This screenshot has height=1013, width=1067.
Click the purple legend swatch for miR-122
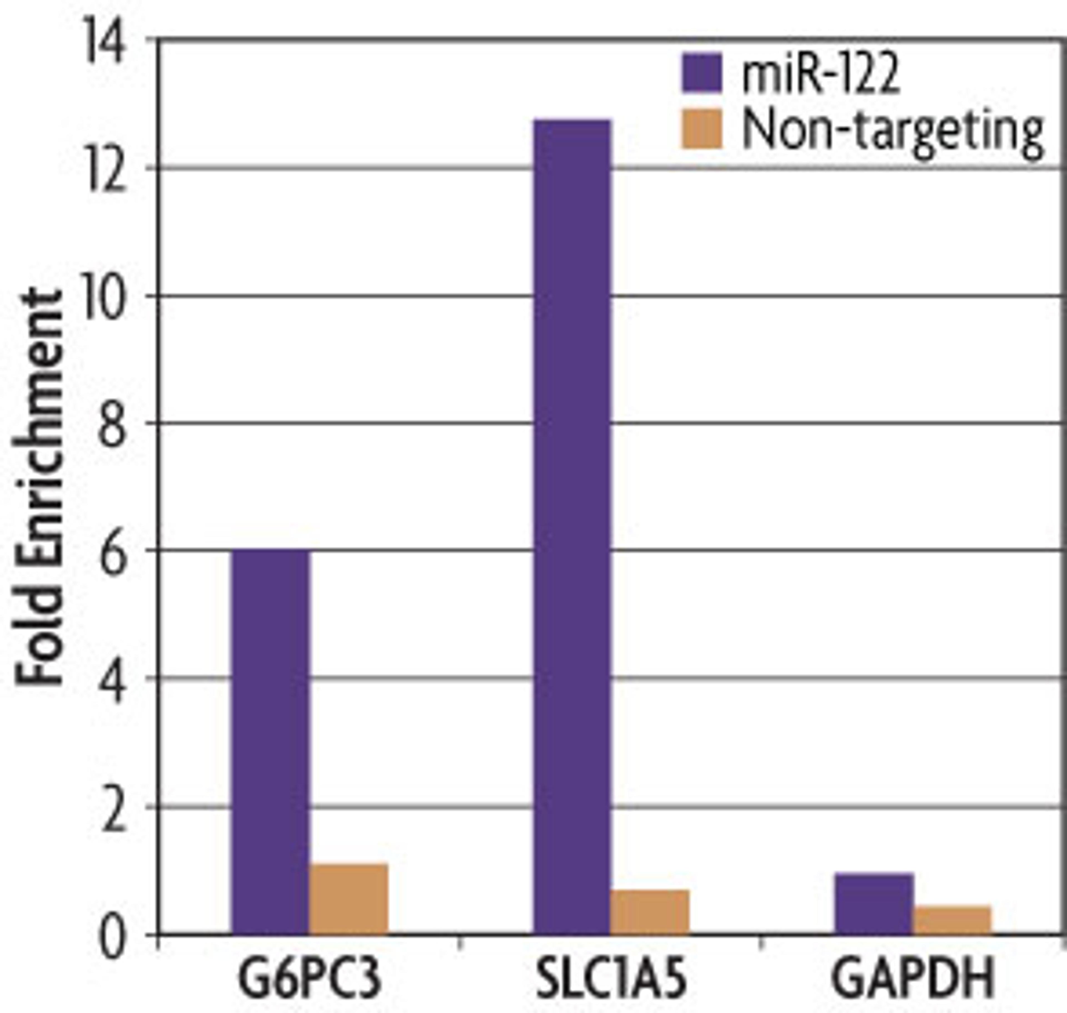pos(702,73)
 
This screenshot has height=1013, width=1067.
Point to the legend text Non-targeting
pos(893,132)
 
